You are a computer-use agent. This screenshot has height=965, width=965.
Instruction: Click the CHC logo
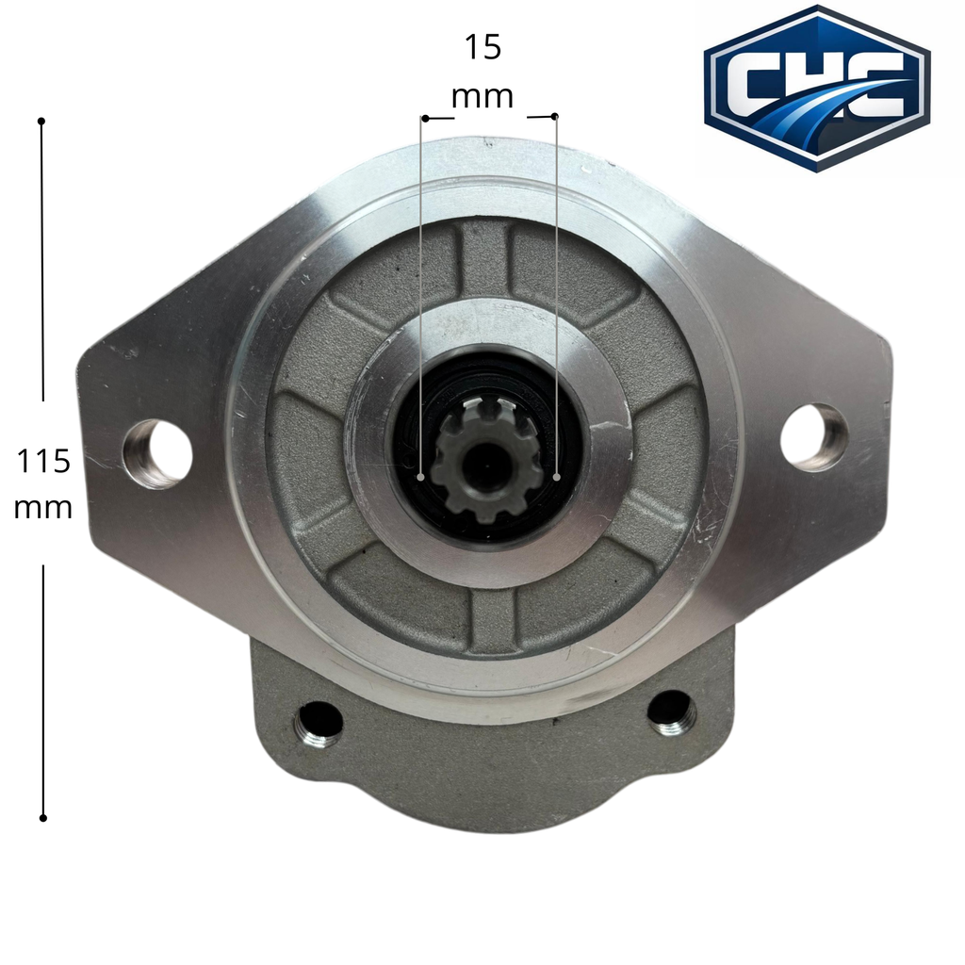817,88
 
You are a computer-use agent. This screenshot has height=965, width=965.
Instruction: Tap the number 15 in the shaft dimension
482,47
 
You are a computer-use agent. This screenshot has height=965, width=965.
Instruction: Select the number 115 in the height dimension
42,461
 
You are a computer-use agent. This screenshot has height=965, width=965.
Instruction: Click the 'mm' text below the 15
482,97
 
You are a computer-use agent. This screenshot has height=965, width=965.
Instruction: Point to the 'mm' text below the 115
43,509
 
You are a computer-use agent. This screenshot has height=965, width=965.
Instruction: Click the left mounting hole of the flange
158,454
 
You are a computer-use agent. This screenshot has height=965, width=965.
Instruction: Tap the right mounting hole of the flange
813,437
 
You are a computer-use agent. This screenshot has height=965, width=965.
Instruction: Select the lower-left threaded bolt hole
319,723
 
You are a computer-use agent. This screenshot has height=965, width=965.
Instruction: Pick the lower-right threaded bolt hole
671,712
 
